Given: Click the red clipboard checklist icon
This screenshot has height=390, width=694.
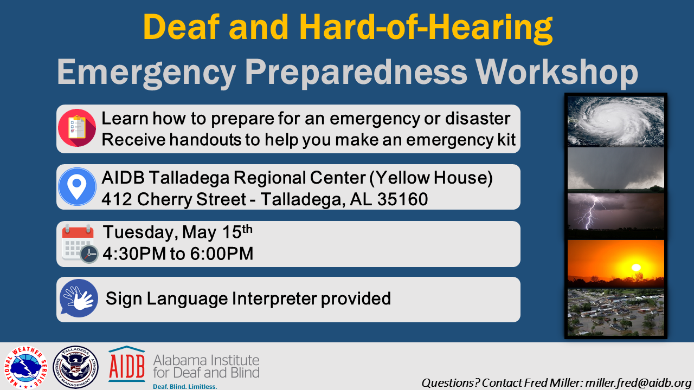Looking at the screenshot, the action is (x=77, y=128).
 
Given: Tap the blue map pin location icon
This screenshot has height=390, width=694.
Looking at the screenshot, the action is (x=77, y=187).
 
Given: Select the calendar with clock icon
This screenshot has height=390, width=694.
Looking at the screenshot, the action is (x=80, y=244).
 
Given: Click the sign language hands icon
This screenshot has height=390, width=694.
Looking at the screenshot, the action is (x=79, y=298).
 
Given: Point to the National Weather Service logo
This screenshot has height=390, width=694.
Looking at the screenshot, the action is (x=25, y=367).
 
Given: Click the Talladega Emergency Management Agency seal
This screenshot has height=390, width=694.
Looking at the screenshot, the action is (x=75, y=367).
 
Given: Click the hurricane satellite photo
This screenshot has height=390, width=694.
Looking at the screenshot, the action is (x=615, y=122).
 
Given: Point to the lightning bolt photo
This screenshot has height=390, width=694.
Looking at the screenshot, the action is (x=615, y=216).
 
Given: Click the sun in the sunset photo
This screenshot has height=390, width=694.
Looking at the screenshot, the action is (x=636, y=268).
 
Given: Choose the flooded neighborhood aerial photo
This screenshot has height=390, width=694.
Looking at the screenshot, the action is (x=615, y=313).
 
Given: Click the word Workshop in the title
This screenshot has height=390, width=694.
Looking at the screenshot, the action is (x=557, y=73).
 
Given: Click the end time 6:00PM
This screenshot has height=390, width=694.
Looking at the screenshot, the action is (x=222, y=254).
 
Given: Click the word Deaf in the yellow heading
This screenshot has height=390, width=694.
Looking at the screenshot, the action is (x=181, y=27).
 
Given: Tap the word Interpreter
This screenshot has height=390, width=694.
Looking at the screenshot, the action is (x=274, y=298).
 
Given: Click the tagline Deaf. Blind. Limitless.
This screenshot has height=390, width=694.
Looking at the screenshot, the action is (x=185, y=386).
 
